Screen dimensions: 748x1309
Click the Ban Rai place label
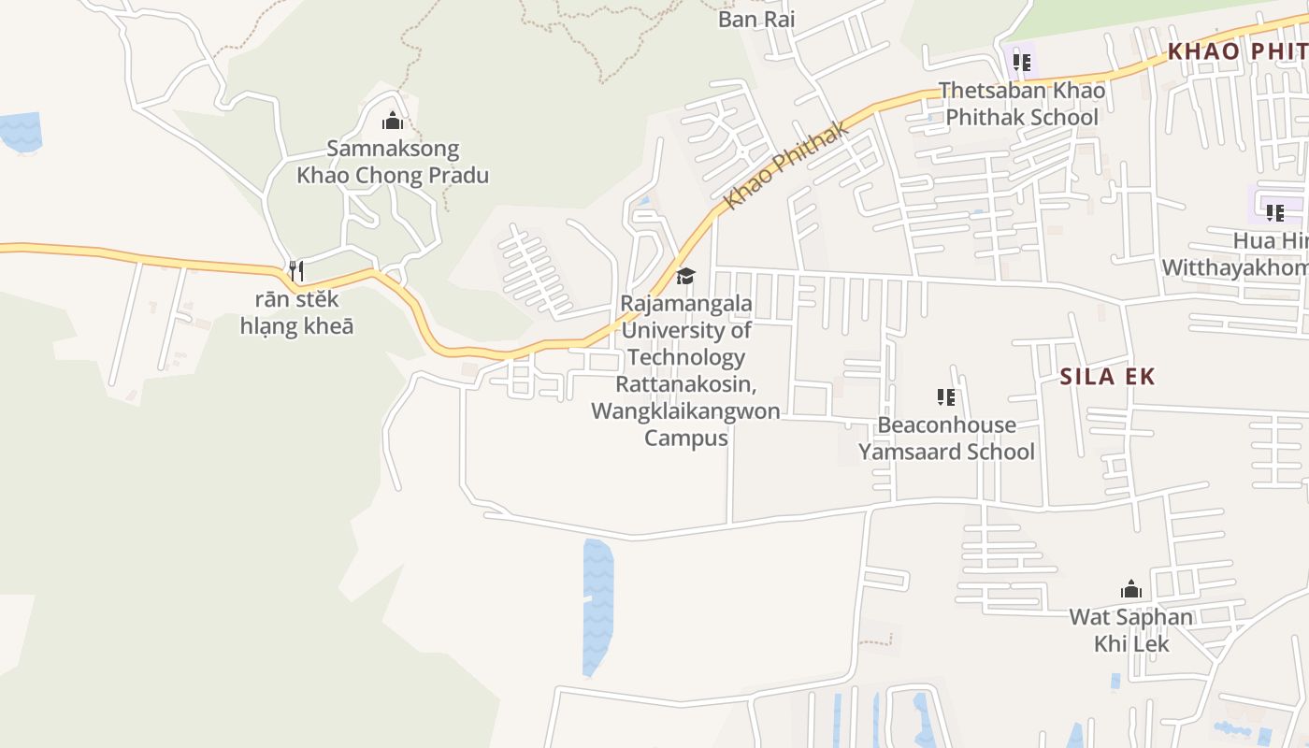[x=756, y=19]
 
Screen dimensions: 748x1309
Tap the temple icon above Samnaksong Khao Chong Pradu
[x=393, y=121]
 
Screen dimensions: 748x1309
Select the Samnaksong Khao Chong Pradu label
[x=393, y=162]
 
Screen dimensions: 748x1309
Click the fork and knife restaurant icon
[x=296, y=271]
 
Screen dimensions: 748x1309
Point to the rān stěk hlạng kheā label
[x=296, y=313]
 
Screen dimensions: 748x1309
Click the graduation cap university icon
[x=685, y=276]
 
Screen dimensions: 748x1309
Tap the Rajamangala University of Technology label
[x=685, y=370]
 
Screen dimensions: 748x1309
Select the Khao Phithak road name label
[x=787, y=165]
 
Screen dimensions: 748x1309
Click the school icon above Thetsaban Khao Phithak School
[x=1022, y=63]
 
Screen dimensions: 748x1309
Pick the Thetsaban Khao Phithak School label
[x=1022, y=104]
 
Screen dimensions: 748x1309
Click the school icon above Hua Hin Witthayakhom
[x=1275, y=212]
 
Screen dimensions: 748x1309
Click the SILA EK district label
[x=1108, y=377]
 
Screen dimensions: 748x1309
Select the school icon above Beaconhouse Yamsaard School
[x=946, y=397]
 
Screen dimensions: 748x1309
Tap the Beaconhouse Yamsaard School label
[x=946, y=439]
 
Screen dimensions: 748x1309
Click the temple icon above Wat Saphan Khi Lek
[x=1131, y=590]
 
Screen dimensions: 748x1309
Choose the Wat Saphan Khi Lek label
[x=1131, y=630]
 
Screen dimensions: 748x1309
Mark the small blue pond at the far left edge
[x=21, y=131]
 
